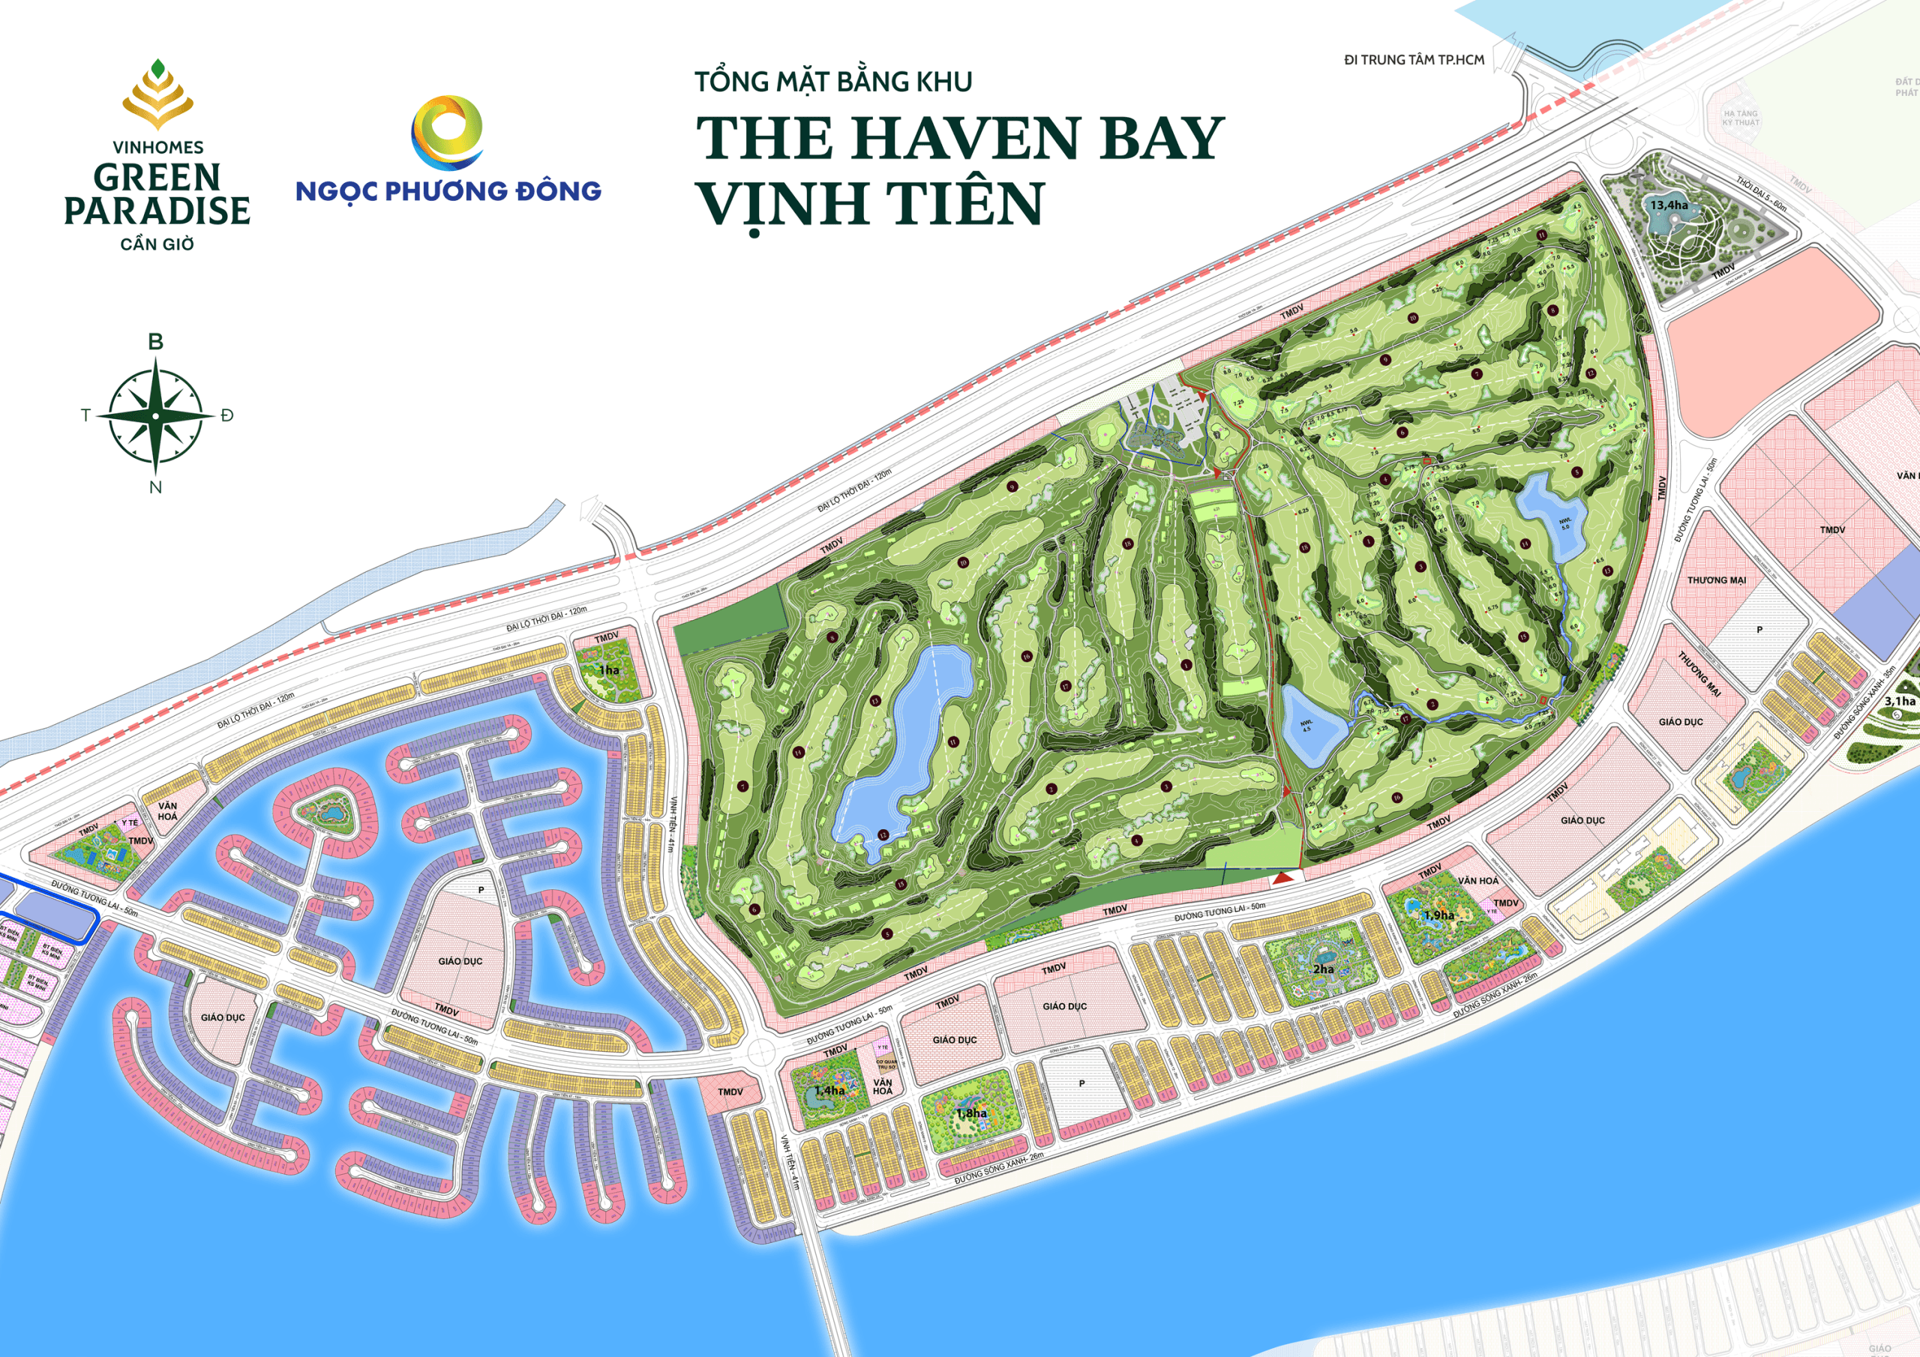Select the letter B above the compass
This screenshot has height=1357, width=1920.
coord(155,342)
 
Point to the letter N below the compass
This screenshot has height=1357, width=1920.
coord(155,487)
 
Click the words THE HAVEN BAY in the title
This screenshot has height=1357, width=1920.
coord(960,138)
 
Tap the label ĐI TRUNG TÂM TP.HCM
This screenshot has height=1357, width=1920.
coord(1414,60)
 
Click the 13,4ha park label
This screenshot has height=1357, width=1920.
coord(1668,205)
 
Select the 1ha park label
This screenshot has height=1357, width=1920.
coord(609,670)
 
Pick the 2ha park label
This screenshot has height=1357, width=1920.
coord(1323,969)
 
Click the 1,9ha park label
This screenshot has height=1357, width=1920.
coord(1438,915)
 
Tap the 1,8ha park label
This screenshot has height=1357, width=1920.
coord(972,1113)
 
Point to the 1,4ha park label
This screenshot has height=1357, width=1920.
coord(829,1090)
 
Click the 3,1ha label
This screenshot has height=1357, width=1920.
coord(1899,701)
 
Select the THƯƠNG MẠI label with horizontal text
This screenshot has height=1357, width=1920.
coord(1716,580)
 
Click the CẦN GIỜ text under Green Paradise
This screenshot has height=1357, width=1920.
coord(157,244)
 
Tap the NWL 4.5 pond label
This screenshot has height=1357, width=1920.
coord(1306,726)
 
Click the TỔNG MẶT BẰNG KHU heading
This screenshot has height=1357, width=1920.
coord(833,82)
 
